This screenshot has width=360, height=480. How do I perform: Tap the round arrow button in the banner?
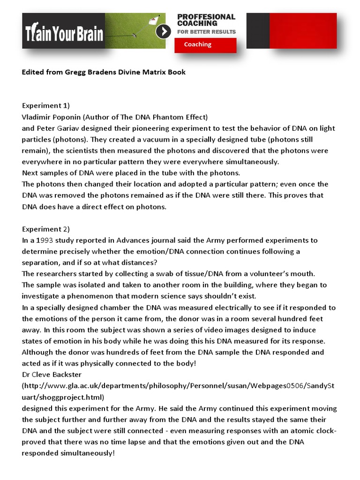point(163,31)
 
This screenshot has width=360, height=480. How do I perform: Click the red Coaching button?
point(205,45)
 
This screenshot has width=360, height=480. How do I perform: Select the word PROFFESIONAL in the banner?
point(206,17)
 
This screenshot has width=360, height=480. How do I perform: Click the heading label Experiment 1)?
point(46,105)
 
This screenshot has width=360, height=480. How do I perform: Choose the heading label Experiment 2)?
point(46,229)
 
